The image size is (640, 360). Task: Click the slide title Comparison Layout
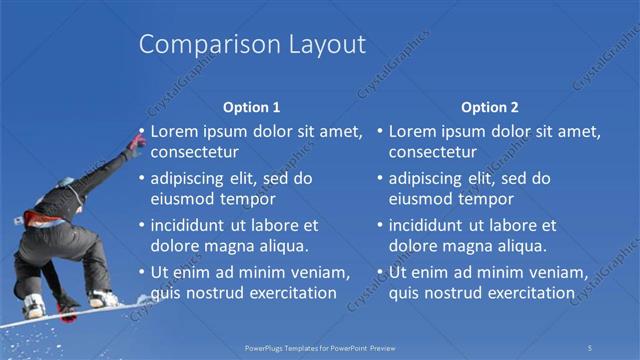252,44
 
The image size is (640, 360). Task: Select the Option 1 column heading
252,107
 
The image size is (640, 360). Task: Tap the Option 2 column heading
490,107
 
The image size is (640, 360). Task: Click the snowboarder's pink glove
134,146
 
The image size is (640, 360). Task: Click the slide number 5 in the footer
591,348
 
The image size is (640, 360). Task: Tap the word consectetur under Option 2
432,153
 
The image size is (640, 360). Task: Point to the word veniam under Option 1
318,273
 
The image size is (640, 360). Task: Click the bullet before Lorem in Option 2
381,131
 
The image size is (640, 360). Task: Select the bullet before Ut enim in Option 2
381,273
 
